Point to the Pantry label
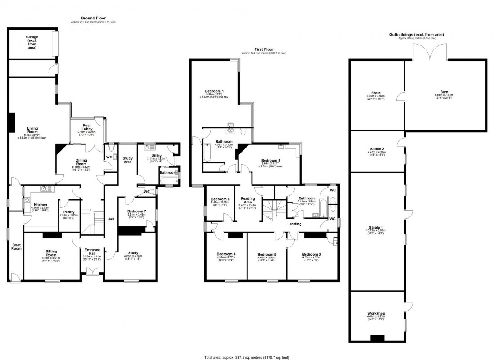69,212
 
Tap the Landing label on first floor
295,224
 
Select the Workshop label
376,313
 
